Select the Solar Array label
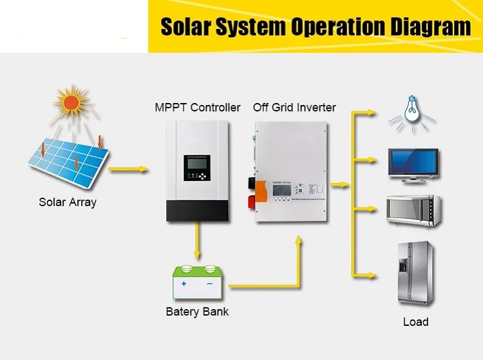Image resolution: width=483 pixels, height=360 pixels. (68, 202)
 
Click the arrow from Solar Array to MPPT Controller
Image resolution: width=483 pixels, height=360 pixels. (129, 170)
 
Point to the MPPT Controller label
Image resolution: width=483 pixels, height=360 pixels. (198, 107)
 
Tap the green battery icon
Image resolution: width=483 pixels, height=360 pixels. (196, 282)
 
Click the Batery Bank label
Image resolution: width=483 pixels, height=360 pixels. (197, 312)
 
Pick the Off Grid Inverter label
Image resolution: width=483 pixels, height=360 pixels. (294, 107)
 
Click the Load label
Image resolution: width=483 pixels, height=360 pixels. (415, 322)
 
